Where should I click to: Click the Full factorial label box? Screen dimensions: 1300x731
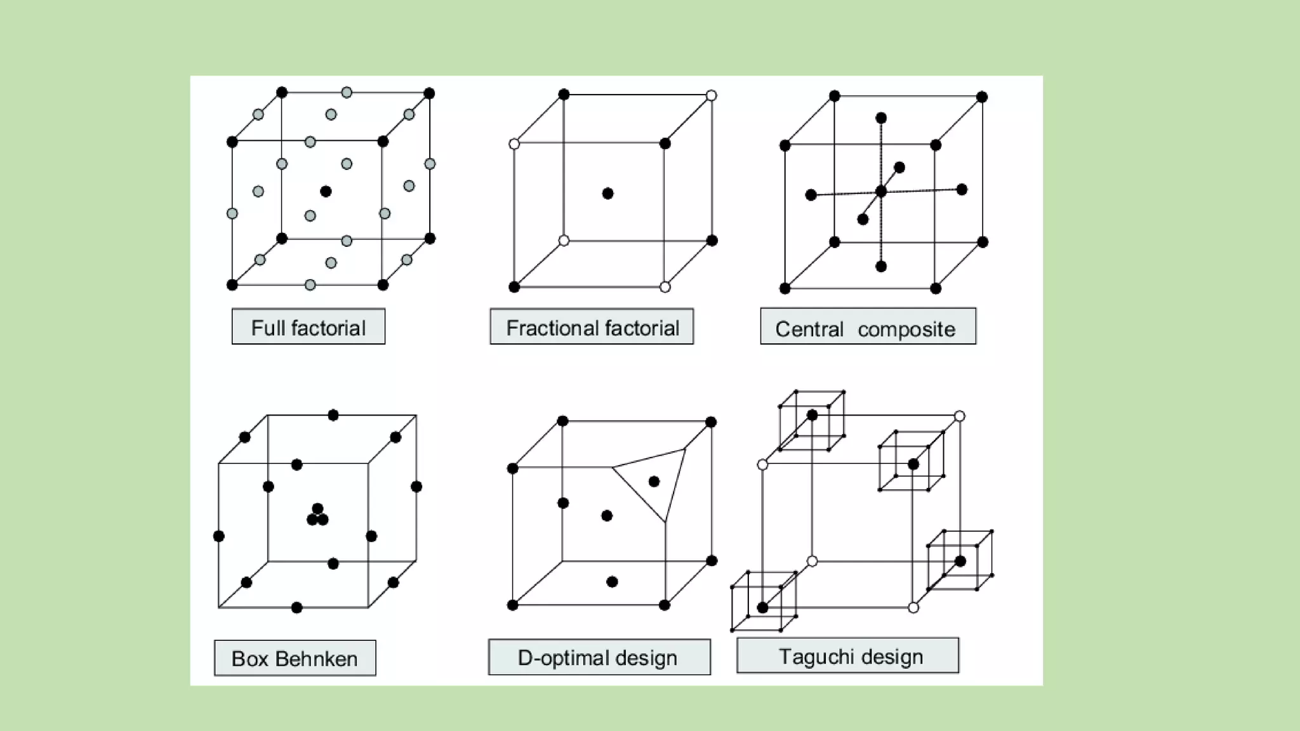click(x=308, y=327)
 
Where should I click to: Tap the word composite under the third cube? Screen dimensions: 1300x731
click(x=906, y=329)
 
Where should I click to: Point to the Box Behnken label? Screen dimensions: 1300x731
click(x=295, y=659)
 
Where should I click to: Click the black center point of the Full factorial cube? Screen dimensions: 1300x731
click(x=326, y=191)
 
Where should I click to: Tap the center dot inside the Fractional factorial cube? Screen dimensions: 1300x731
click(x=607, y=194)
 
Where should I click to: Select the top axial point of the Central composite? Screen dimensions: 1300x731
click(x=881, y=118)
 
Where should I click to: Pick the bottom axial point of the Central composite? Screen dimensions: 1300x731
click(x=881, y=267)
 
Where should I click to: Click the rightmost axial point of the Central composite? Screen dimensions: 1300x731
click(x=962, y=189)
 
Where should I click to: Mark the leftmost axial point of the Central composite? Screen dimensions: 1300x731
click(x=811, y=195)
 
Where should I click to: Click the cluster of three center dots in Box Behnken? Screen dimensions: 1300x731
click(x=317, y=516)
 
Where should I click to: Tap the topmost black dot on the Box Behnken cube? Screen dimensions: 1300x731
click(x=333, y=415)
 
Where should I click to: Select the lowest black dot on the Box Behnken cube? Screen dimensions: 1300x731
click(x=296, y=608)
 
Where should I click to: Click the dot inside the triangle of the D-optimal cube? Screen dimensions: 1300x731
click(x=654, y=482)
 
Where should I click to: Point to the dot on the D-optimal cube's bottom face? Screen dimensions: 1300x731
click(x=612, y=582)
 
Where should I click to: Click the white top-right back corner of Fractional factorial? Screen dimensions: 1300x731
click(x=712, y=95)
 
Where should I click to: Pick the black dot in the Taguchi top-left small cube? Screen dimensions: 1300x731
click(x=812, y=416)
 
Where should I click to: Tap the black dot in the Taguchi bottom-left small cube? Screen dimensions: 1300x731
click(x=763, y=608)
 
